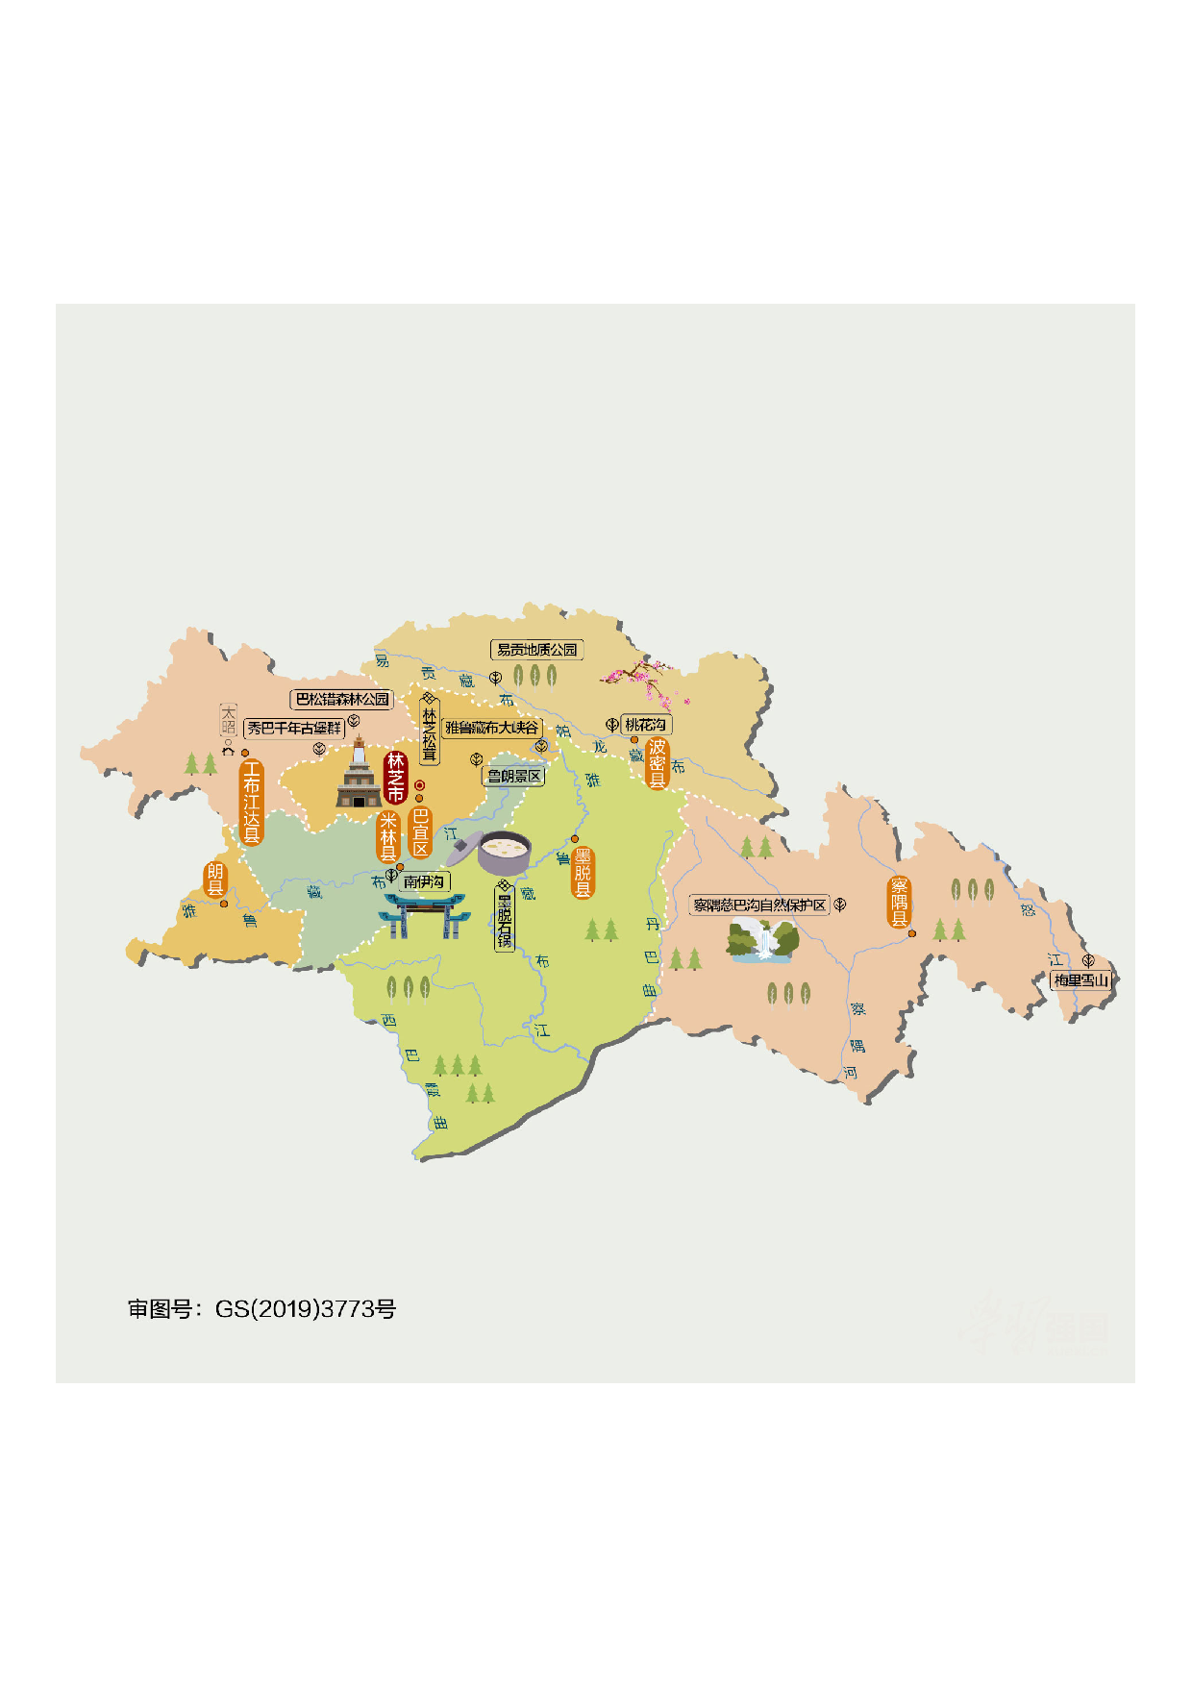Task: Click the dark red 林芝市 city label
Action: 395,778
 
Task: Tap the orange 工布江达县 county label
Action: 251,803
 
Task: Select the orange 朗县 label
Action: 214,879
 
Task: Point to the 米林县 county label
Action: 388,836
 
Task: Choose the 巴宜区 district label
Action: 420,832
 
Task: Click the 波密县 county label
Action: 658,763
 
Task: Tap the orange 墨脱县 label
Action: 583,873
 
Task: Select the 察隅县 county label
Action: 899,902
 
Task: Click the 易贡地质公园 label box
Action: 537,650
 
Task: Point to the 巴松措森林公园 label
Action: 342,699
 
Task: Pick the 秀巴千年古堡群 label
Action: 294,728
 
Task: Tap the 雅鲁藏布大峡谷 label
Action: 491,728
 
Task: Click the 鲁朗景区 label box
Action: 514,776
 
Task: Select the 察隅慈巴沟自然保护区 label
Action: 759,905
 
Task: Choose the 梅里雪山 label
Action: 1080,980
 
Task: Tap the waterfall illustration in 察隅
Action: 763,939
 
